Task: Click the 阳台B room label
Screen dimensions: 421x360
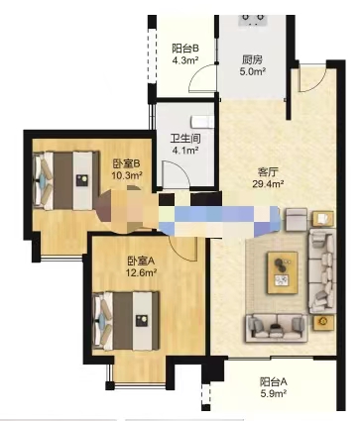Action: point(185,48)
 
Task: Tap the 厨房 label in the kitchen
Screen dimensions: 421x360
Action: point(253,57)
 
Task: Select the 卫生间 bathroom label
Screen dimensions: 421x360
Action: point(185,140)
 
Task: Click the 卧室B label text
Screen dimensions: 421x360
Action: point(126,163)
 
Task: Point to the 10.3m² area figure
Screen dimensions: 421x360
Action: point(127,175)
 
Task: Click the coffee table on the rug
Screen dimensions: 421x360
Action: point(285,267)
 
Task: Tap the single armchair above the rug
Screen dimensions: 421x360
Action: point(297,218)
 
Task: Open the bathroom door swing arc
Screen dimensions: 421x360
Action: point(174,176)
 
